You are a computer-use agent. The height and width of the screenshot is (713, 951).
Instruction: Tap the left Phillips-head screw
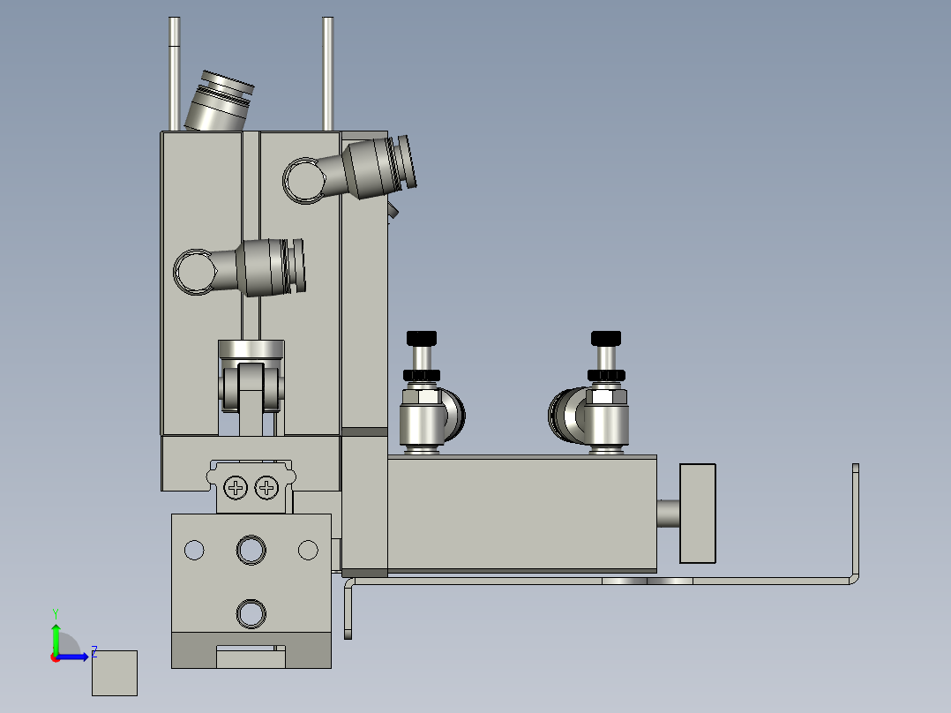(236, 487)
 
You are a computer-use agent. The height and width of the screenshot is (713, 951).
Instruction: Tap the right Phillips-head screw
(266, 487)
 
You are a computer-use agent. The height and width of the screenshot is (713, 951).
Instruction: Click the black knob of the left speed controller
(422, 338)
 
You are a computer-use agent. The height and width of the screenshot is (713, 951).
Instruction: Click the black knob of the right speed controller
(606, 338)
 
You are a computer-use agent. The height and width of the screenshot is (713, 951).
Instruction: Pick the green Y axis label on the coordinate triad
(55, 612)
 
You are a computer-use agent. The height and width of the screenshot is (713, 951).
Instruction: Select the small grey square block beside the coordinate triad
(115, 672)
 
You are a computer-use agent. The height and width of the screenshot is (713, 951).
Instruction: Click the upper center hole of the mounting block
(251, 550)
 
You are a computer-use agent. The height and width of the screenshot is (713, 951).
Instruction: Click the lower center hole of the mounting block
(251, 612)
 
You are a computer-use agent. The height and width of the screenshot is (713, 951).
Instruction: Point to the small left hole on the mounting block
(193, 550)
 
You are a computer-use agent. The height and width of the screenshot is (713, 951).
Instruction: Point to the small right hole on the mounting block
(308, 550)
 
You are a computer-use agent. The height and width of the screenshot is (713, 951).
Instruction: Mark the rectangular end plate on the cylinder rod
(697, 513)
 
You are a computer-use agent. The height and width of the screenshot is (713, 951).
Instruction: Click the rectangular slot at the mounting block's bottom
(251, 657)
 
